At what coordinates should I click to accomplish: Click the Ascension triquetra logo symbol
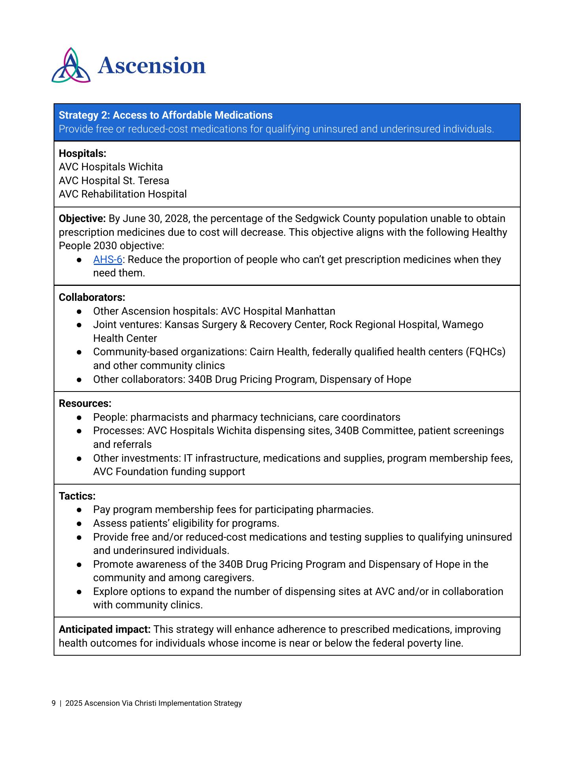point(71,66)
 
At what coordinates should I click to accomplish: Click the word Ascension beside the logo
point(152,66)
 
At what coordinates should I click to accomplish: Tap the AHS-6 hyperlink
point(107,260)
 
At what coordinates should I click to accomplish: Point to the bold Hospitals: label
point(82,153)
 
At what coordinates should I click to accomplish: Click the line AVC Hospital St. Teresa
point(114,181)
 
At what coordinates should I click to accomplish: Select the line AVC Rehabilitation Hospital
point(123,194)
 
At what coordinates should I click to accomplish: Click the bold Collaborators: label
point(92,297)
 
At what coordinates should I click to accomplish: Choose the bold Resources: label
point(85,404)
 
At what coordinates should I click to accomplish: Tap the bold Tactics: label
point(77,496)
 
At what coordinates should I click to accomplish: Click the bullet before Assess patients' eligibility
point(79,524)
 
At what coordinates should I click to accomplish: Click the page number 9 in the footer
point(54,703)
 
